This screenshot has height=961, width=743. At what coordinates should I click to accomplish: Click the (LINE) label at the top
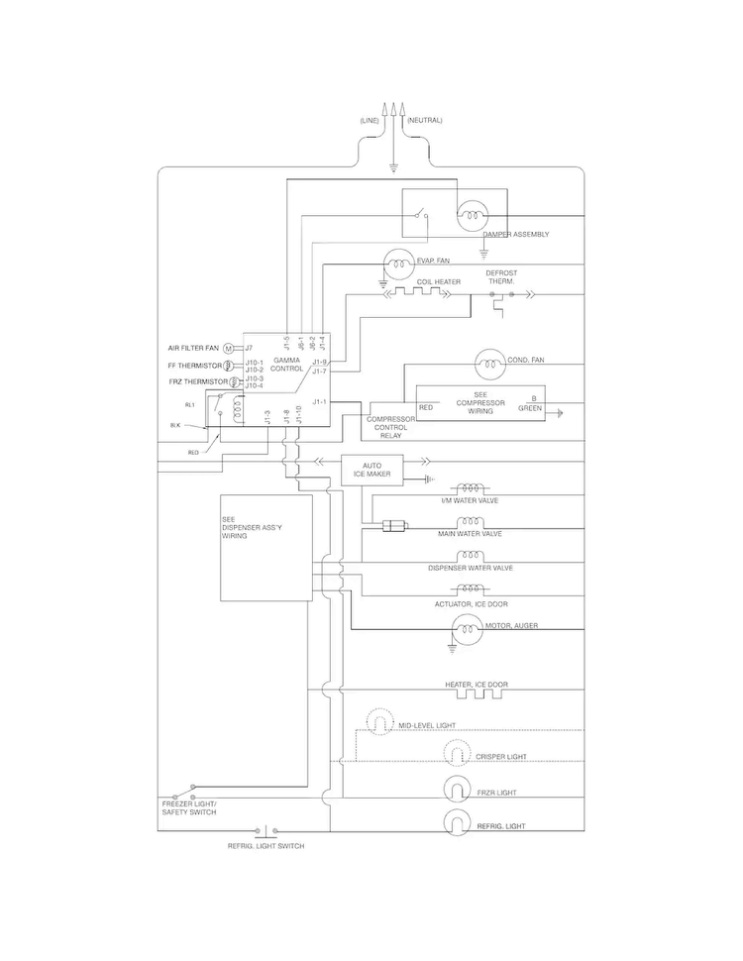coord(370,120)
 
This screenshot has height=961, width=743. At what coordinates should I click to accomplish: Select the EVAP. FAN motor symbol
coord(400,262)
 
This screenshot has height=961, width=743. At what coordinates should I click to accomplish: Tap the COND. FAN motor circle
coord(490,363)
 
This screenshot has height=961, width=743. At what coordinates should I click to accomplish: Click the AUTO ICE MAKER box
coord(371,469)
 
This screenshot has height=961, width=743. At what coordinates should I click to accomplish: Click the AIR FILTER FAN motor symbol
coord(228,349)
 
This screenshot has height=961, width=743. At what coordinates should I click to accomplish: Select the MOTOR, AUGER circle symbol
coord(466,627)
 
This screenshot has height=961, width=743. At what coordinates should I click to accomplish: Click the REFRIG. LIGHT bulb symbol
coord(457,822)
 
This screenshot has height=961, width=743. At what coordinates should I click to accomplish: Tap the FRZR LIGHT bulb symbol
coord(457,789)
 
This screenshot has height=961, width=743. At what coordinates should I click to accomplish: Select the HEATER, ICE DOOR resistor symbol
coord(474,694)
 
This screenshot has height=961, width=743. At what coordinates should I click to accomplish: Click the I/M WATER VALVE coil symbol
coord(470,488)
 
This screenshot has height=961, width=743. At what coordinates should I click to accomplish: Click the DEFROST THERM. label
coord(501,276)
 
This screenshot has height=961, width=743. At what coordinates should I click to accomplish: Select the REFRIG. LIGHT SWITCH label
coord(265,846)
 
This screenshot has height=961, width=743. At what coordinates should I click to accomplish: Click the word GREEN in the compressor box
coord(530,407)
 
